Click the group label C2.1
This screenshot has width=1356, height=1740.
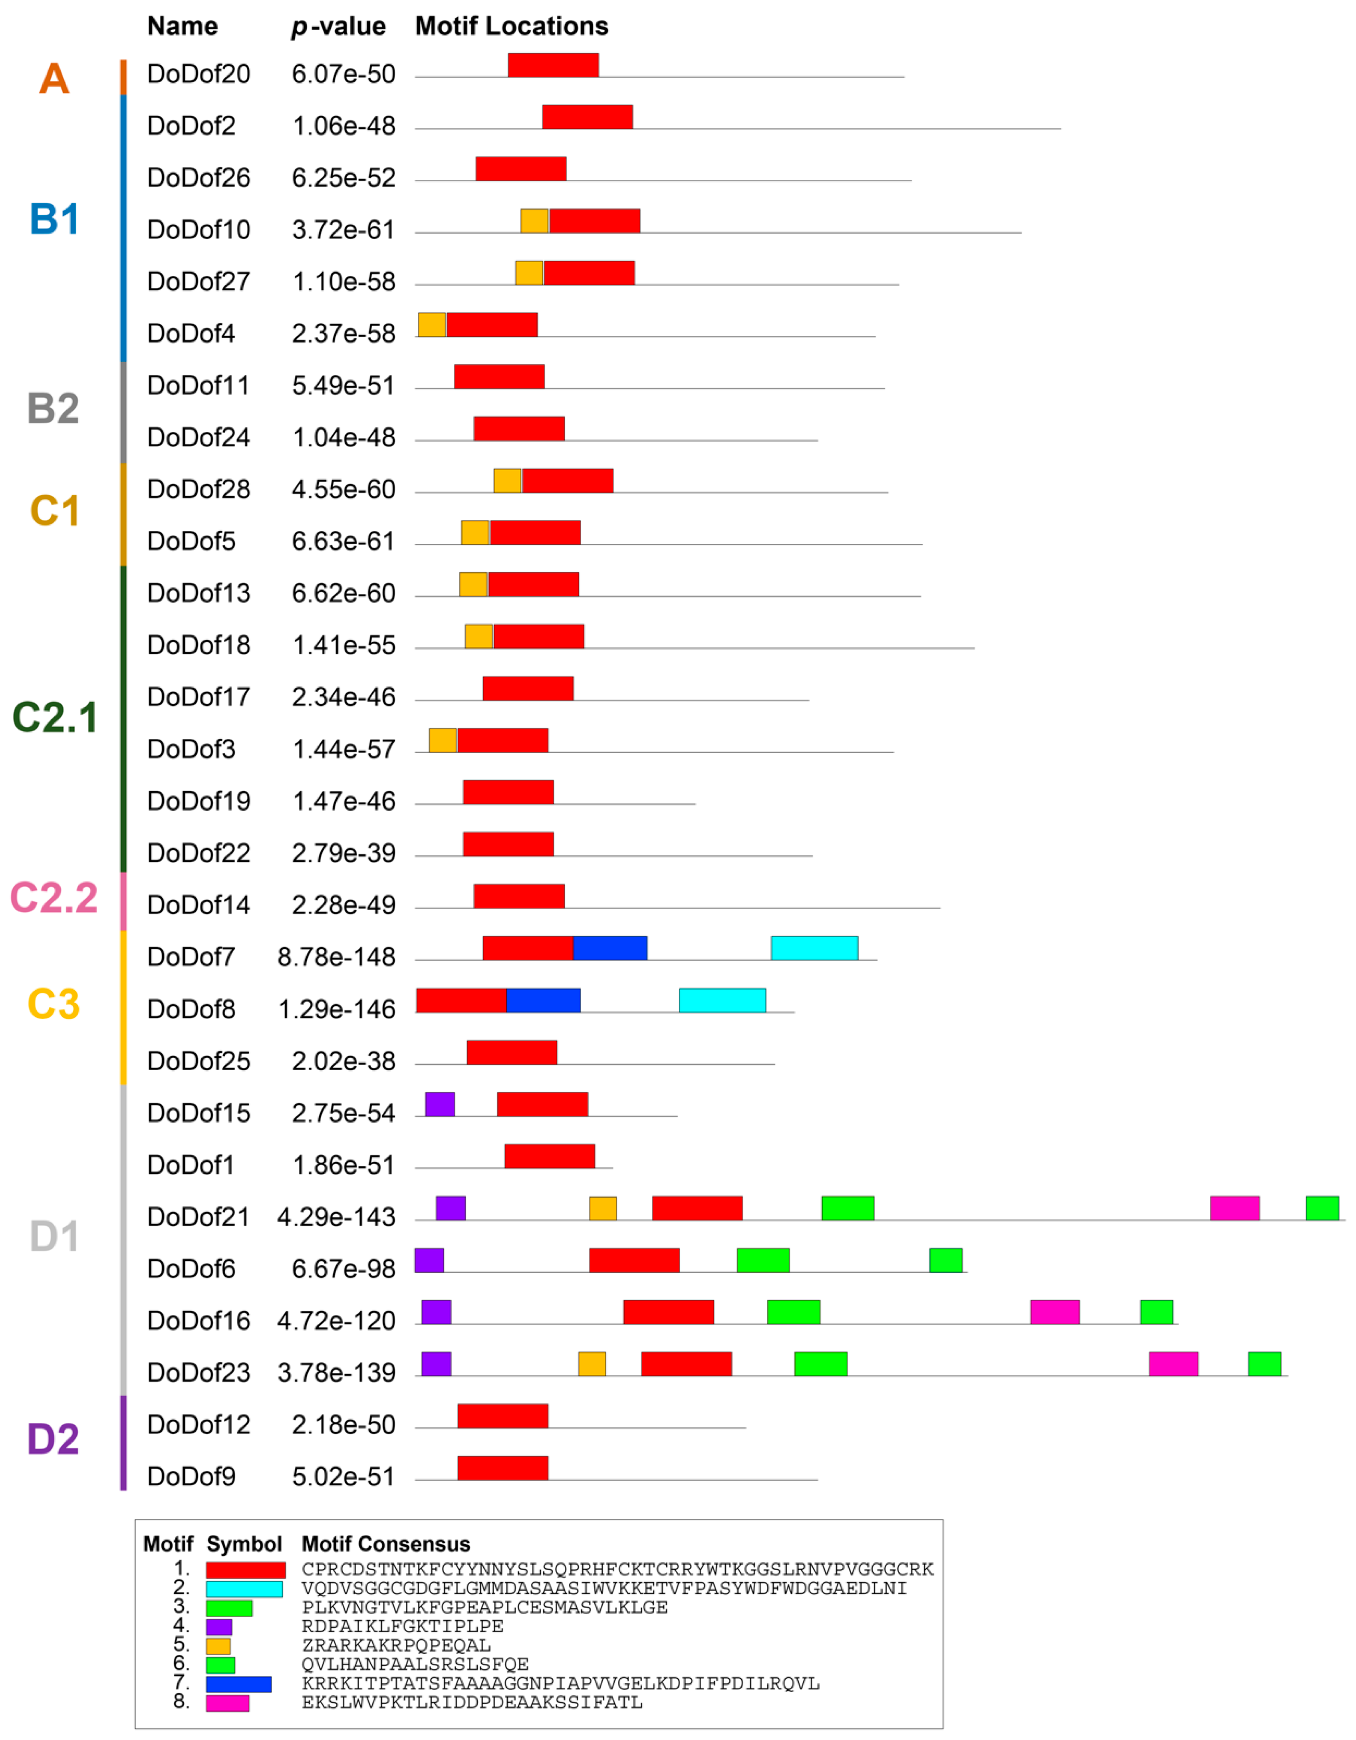pos(54,717)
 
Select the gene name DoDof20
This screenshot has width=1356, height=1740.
pos(199,74)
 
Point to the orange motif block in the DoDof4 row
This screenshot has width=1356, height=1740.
pos(432,325)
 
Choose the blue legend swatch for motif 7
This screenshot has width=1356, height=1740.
pos(238,1683)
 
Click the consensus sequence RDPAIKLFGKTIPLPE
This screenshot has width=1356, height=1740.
pos(402,1626)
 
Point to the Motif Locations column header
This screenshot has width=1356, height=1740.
pos(512,26)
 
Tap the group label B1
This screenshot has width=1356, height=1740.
pos(54,219)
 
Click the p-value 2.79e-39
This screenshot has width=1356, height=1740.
pos(343,853)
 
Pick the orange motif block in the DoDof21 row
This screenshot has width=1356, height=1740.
pos(602,1208)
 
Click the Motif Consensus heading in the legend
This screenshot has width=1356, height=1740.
pos(385,1544)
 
